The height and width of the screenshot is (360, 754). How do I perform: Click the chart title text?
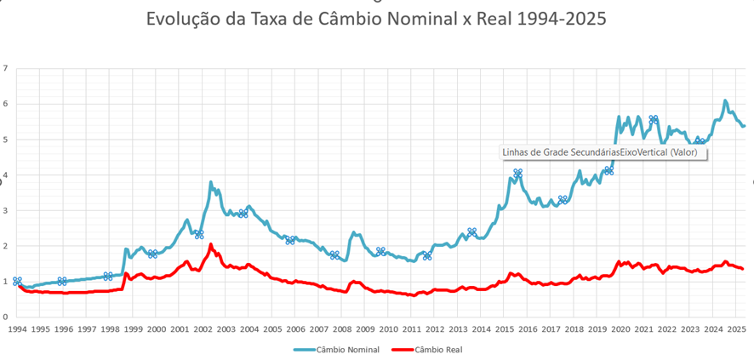pos(376,19)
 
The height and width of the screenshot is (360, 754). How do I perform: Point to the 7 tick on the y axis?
pos(5,68)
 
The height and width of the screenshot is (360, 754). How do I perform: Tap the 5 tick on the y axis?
pos(5,140)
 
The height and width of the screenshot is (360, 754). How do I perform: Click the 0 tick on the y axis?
pos(5,317)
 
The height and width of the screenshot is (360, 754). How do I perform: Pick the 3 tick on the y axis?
pos(5,210)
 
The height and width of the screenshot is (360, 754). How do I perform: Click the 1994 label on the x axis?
pos(17,328)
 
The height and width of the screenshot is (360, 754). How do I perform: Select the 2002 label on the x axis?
pos(203,328)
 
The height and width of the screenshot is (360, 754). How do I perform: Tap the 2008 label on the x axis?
pos(341,328)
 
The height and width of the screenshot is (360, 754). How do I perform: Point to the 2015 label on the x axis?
pos(504,328)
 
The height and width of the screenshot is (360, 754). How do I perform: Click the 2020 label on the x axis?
pos(620,328)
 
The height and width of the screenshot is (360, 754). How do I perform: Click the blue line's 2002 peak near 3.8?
pos(210,182)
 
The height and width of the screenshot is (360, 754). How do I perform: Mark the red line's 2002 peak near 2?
pos(210,245)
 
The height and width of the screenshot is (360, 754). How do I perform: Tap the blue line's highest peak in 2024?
pos(725,100)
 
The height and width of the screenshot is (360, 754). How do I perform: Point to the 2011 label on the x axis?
pos(411,328)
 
